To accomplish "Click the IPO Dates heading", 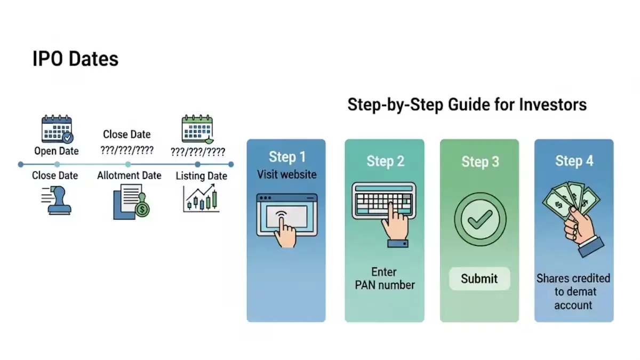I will pos(75,59).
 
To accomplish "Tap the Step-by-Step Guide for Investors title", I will pos(467,105).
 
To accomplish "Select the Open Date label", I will pos(57,151).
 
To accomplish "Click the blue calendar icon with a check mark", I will pos(57,129).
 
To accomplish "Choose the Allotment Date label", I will pos(129,175).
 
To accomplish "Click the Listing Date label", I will pos(201,176).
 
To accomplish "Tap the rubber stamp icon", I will pos(57,201).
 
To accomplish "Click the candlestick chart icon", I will pos(201,198).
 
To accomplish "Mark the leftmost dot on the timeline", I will pos(20,164).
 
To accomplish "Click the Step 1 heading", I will pos(287,157).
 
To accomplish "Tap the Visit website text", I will pos(286,174).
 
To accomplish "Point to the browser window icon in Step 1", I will pos(286,219).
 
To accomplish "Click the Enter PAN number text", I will pos(385,278).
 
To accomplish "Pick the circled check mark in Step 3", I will pos(479,220).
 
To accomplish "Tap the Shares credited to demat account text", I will pos(573,292).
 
